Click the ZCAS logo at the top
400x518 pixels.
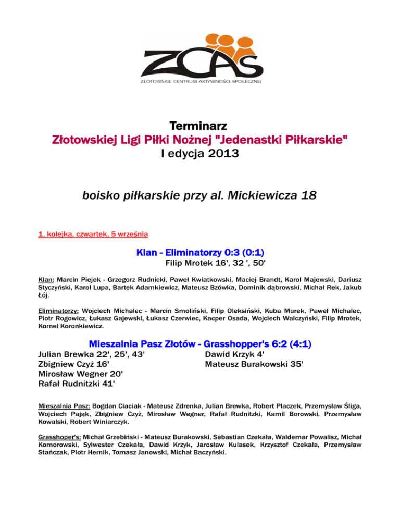tap(200, 58)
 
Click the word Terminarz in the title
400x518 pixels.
tap(200, 127)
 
